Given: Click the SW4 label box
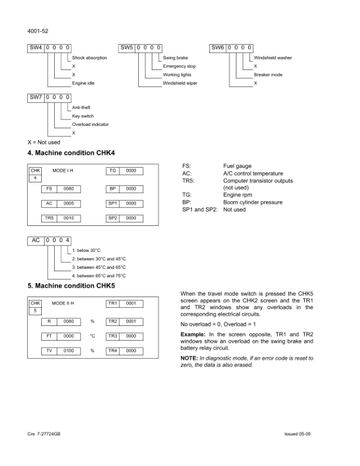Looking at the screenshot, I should pos(36,47).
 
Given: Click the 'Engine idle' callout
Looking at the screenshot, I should pos(83,84).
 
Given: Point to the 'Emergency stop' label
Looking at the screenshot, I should pos(179,66).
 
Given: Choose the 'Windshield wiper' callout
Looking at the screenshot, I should pos(180,84).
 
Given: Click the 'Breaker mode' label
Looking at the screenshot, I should pos(268,75).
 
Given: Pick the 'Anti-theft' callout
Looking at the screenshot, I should pos(81,108).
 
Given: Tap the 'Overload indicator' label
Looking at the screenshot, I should pos(90,125).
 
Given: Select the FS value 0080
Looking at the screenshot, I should pos(68,189).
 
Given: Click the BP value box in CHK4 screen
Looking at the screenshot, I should pos(131,189).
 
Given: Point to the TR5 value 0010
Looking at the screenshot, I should pos(68,218).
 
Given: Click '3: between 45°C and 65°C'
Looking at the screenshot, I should pos(99,267).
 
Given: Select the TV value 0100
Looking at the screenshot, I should pos(68,351).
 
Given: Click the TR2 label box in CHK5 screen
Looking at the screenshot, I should pos(112,321).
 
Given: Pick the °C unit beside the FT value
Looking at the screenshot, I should pos(92,336).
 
